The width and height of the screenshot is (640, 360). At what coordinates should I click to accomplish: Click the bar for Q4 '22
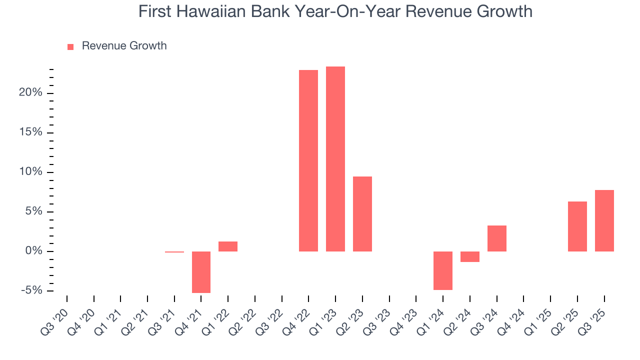pos(308,160)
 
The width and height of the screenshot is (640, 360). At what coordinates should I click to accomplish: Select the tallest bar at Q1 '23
pos(335,159)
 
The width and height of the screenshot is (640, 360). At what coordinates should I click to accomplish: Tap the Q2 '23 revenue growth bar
pos(362,214)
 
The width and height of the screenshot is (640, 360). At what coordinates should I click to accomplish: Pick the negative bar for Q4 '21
pos(201,272)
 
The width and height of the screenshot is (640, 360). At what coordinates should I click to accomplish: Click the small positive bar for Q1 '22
pos(228,246)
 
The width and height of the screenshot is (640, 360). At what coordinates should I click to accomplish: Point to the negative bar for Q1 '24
pos(443,270)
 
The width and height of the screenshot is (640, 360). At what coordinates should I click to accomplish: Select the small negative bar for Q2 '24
pos(470,256)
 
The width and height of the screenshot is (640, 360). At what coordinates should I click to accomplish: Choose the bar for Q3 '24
pos(497,238)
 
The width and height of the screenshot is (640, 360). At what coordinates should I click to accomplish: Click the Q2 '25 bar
pos(577,226)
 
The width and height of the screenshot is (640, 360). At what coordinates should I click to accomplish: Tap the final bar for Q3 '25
pos(604,220)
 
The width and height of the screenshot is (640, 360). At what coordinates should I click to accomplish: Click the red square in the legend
pos(70,46)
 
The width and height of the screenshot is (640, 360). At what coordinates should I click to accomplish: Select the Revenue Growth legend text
pos(124,46)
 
